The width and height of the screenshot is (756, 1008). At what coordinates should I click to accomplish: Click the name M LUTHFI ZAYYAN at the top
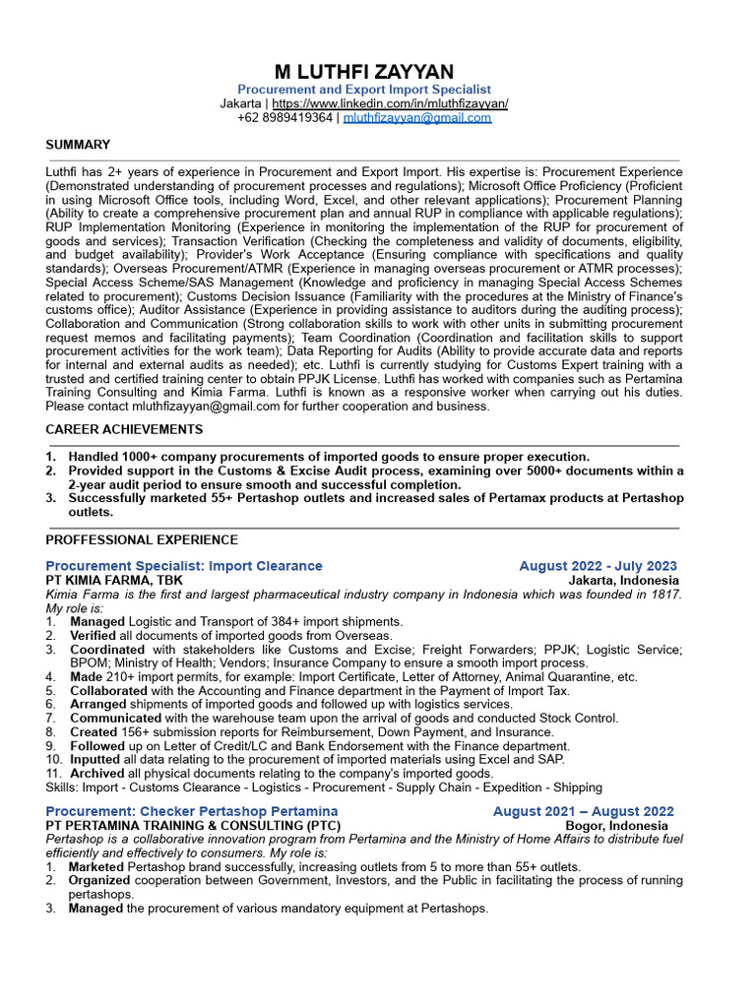[x=363, y=72]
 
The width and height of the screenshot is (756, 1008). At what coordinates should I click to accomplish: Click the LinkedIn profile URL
[x=390, y=103]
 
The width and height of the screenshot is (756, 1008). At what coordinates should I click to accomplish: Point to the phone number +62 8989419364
[x=284, y=117]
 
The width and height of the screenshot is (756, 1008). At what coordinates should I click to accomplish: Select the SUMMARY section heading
[x=78, y=145]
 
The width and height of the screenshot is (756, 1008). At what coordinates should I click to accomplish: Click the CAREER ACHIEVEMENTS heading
[x=124, y=429]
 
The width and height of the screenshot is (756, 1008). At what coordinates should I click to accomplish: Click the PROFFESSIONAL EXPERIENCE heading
[x=142, y=539]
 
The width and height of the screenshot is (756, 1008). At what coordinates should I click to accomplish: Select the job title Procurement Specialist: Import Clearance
[x=184, y=566]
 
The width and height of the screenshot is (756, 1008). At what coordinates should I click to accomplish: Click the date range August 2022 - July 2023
[x=598, y=566]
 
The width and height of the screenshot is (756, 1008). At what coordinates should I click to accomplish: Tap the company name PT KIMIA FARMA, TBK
[x=113, y=580]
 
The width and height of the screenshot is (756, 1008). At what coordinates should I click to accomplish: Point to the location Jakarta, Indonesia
[x=624, y=580]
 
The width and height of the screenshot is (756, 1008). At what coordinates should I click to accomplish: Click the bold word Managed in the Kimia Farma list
[x=96, y=621]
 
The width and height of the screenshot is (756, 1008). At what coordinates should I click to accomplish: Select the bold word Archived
[x=97, y=773]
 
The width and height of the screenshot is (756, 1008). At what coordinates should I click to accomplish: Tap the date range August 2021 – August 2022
[x=583, y=811]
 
